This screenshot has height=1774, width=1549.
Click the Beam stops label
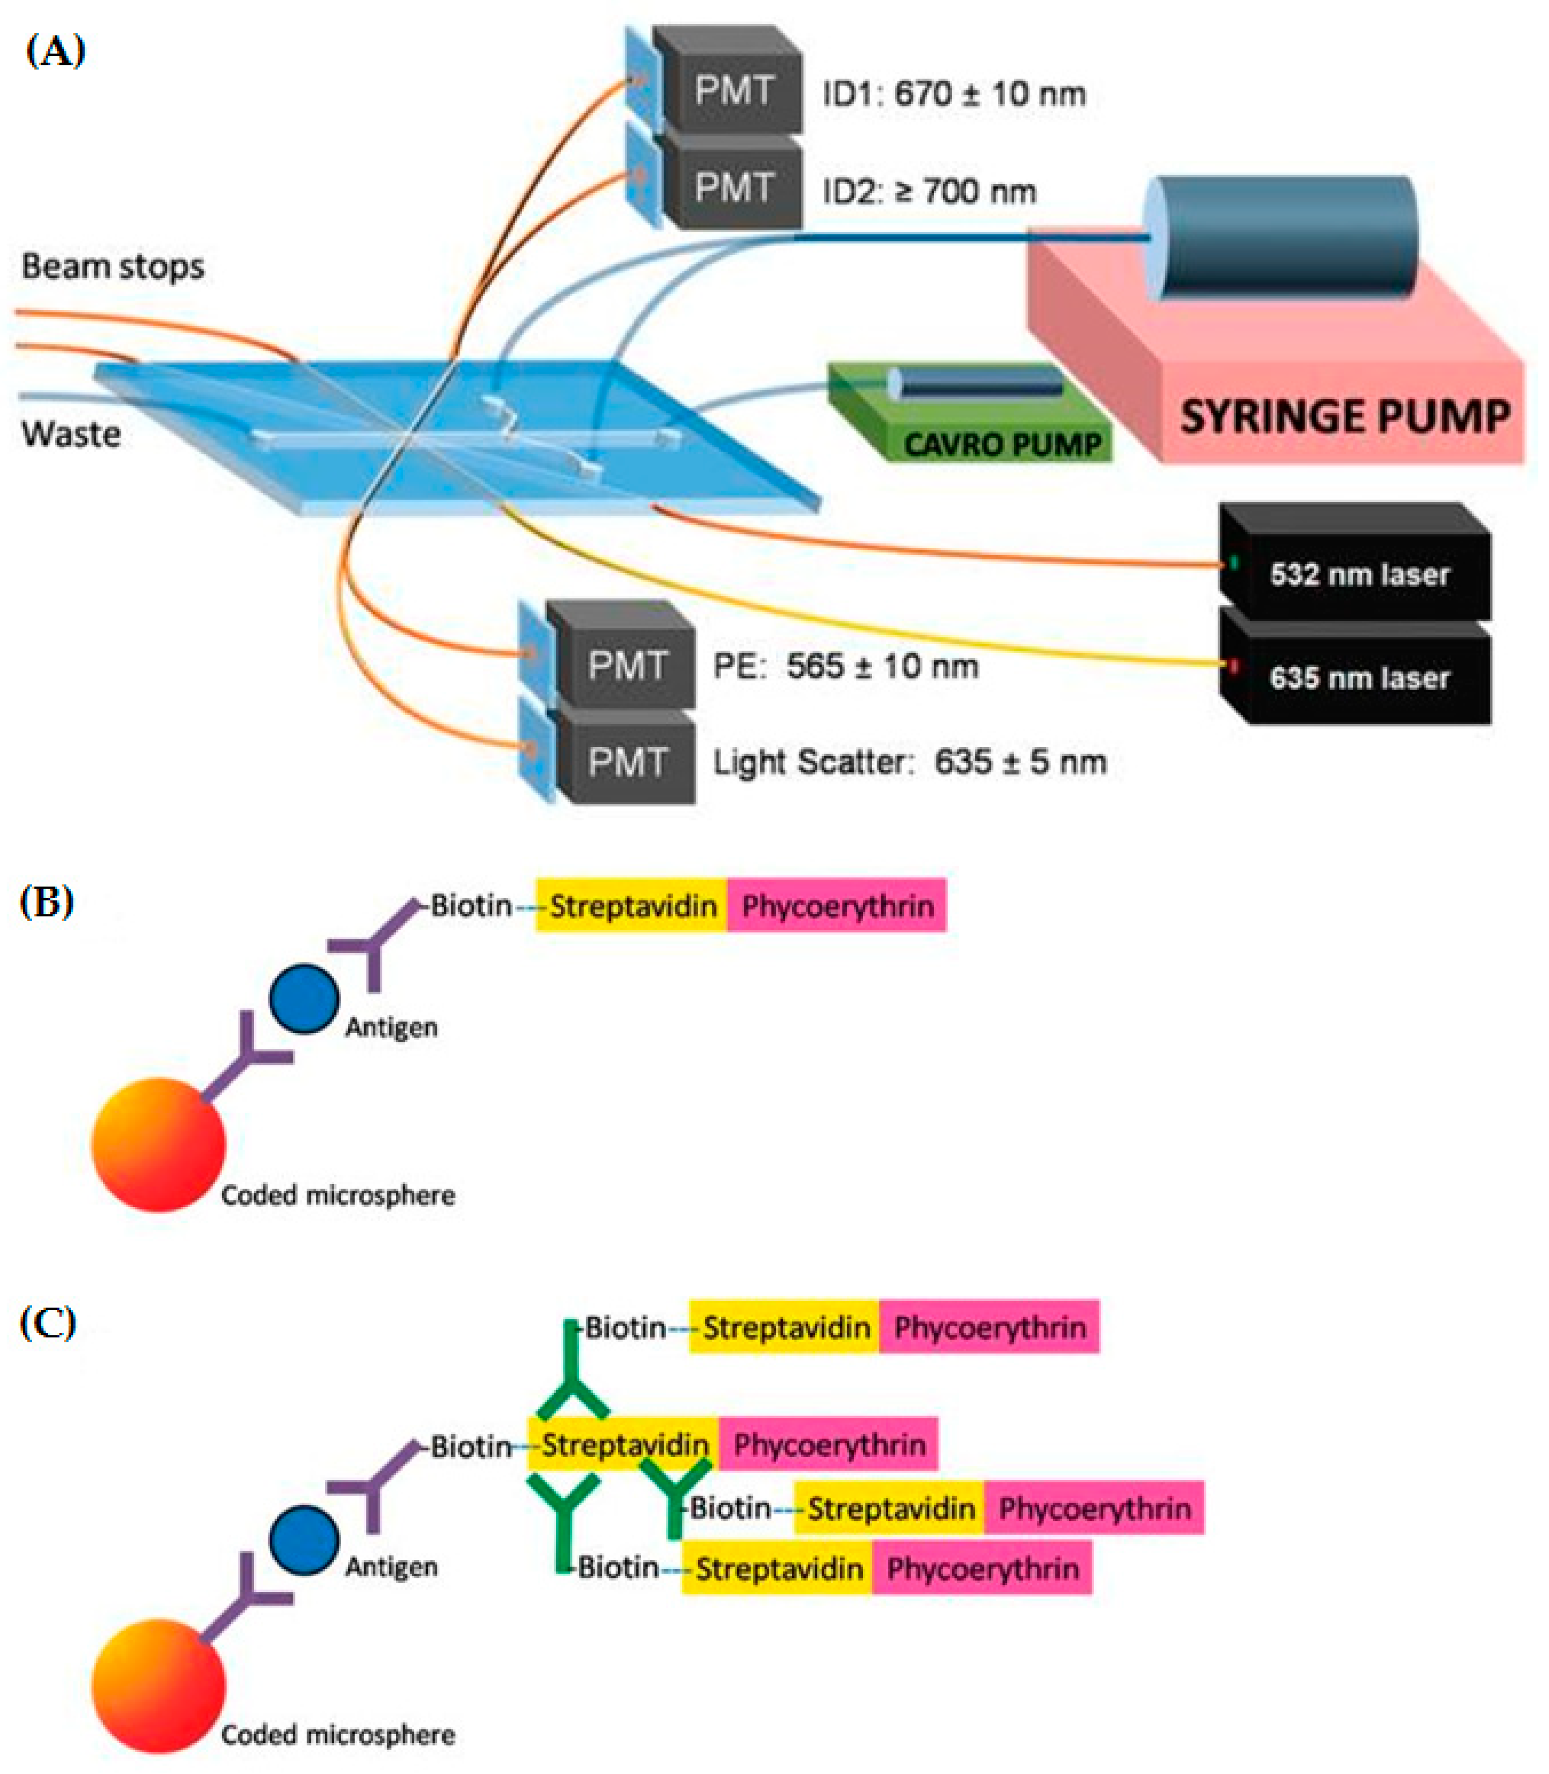tap(113, 266)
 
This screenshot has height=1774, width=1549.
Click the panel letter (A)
tap(55, 52)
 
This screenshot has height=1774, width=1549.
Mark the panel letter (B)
tap(47, 902)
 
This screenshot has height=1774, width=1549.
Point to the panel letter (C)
tap(48, 1348)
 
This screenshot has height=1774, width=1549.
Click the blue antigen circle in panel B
tap(303, 1000)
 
